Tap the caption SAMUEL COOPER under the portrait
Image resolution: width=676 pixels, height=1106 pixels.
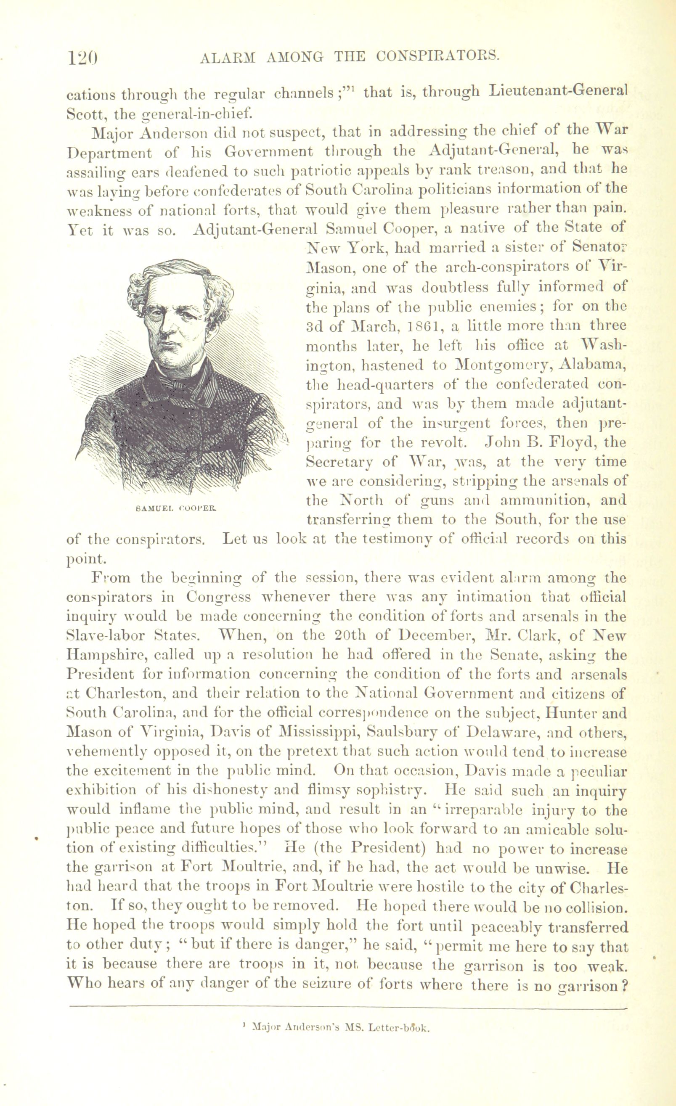pos(175,509)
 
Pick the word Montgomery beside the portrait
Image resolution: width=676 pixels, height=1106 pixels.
pos(502,365)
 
